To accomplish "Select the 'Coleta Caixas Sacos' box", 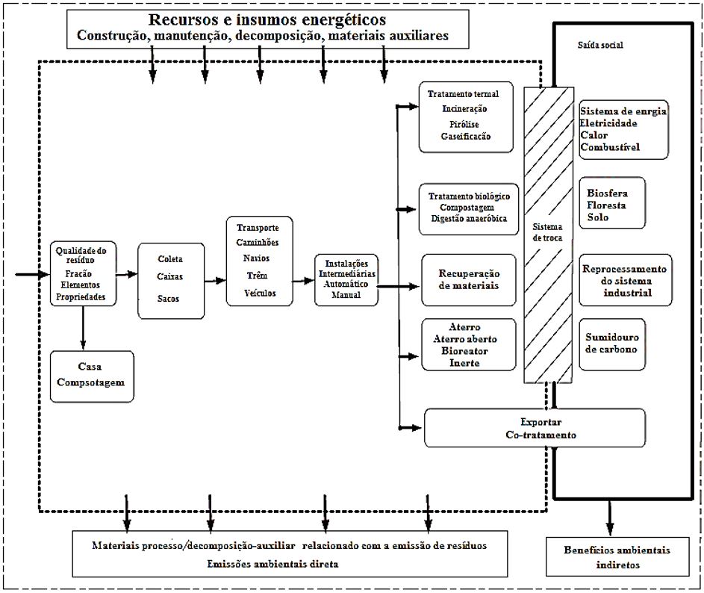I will (x=170, y=280).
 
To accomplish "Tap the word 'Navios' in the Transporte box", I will (x=257, y=258).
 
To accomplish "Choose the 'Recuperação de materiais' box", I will (x=470, y=280).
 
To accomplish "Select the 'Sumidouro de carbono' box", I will (x=611, y=344).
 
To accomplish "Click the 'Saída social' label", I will (x=600, y=46).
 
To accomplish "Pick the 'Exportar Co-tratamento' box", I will (x=535, y=428).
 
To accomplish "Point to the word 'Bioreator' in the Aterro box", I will (x=464, y=351).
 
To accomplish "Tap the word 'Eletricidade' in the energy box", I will (x=609, y=123).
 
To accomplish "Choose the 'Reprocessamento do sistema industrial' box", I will (x=623, y=280).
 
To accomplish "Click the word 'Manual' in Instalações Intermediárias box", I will (x=346, y=294).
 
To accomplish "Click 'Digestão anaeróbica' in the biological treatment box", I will (x=469, y=219).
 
